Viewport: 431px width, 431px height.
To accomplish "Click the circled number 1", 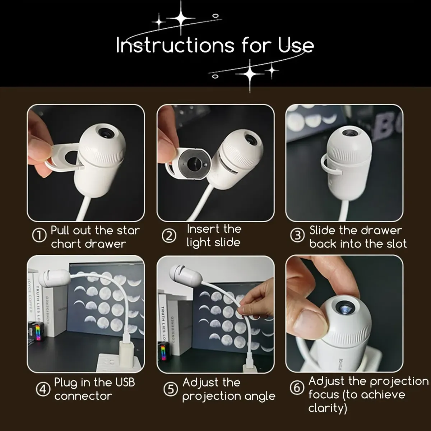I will [x=39, y=236].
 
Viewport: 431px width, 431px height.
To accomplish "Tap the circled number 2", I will [x=169, y=236].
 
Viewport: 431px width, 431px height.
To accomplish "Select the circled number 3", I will [x=297, y=236].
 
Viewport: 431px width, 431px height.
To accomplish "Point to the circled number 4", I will [x=43, y=389].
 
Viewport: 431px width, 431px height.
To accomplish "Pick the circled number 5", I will [x=170, y=389].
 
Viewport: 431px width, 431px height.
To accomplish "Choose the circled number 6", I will [x=297, y=388].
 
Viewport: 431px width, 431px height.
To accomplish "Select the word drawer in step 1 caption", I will [x=107, y=244].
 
